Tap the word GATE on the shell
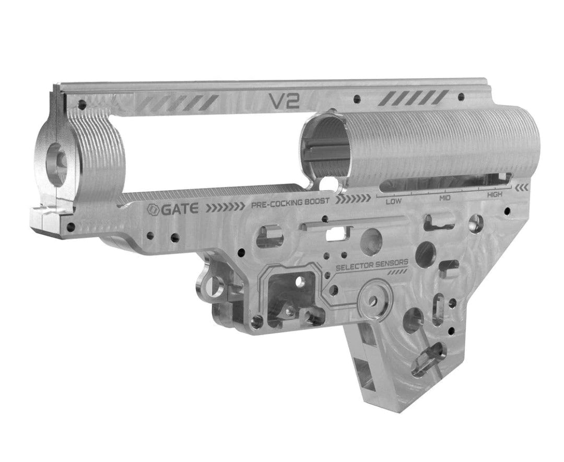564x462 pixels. click(x=181, y=209)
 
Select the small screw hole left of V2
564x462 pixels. click(x=81, y=104)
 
